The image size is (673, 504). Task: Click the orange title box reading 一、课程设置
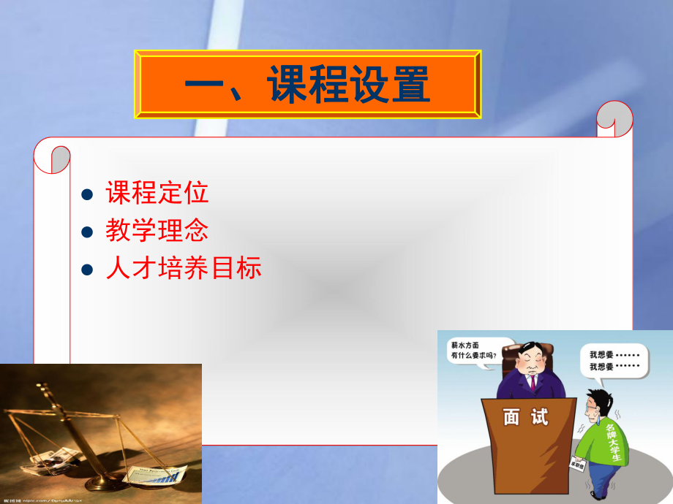pyautogui.click(x=308, y=84)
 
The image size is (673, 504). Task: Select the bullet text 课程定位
pyautogui.click(x=157, y=193)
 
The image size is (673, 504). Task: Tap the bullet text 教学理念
pyautogui.click(x=157, y=231)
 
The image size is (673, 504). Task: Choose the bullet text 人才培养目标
pyautogui.click(x=183, y=269)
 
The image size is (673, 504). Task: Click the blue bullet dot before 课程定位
pyautogui.click(x=88, y=195)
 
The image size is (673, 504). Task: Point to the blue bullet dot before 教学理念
pyautogui.click(x=88, y=233)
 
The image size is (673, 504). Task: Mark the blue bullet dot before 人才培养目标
pyautogui.click(x=88, y=271)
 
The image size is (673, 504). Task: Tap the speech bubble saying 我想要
pyautogui.click(x=613, y=360)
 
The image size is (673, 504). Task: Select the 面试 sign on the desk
pyautogui.click(x=525, y=418)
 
